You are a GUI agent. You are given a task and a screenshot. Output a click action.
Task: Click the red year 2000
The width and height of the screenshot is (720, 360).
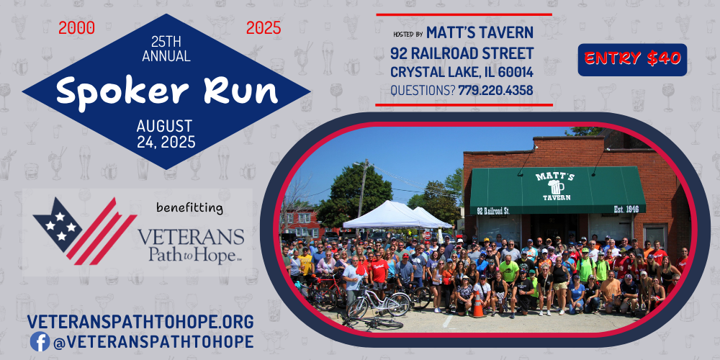pyautogui.click(x=77, y=29)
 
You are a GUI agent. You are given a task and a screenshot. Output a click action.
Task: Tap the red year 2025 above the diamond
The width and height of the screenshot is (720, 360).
pyautogui.click(x=264, y=29)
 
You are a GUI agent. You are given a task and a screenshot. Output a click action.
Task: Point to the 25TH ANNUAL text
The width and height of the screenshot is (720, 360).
pyautogui.click(x=166, y=49)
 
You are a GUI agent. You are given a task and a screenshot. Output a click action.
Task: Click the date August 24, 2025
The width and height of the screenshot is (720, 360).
pyautogui.click(x=166, y=134)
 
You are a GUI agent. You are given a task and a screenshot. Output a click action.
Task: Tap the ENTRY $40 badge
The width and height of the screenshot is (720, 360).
pyautogui.click(x=632, y=59)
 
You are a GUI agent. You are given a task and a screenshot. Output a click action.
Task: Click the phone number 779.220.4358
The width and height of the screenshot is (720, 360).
pyautogui.click(x=495, y=91)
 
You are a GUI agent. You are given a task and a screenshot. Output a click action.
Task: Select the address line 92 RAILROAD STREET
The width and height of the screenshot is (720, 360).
pyautogui.click(x=462, y=53)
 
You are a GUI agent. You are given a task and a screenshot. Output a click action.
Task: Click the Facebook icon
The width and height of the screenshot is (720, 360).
pyautogui.click(x=40, y=341)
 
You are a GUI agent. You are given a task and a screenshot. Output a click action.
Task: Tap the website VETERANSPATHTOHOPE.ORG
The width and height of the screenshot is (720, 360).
pyautogui.click(x=140, y=321)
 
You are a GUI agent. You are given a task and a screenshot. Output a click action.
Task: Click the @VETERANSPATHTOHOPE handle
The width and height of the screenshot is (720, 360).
pyautogui.click(x=153, y=342)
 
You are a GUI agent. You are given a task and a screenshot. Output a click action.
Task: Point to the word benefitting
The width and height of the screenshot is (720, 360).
pyautogui.click(x=189, y=208)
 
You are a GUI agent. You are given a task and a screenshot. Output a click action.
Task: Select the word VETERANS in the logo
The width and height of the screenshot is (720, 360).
pyautogui.click(x=191, y=238)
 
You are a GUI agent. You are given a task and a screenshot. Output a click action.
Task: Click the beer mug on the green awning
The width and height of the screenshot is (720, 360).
pyautogui.click(x=556, y=187)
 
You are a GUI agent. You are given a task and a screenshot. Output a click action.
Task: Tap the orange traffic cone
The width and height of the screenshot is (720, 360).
pyautogui.click(x=478, y=305)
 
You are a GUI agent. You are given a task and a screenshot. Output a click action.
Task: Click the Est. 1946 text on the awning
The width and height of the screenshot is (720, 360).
pyautogui.click(x=627, y=210)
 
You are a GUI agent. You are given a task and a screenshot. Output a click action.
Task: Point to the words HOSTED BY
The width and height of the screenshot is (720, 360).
pyautogui.click(x=408, y=35)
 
